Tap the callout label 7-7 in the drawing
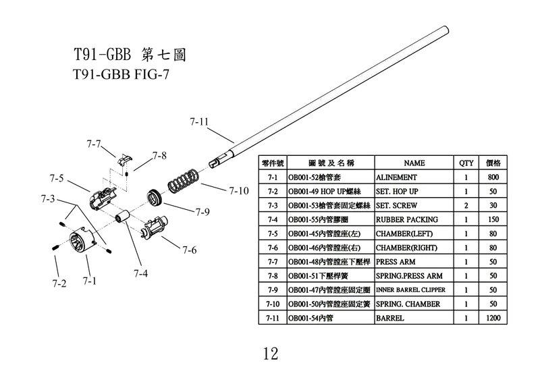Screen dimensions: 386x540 [x=94, y=144]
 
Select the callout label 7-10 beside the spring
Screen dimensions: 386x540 [x=239, y=191]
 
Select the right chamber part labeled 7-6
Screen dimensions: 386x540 [x=155, y=226]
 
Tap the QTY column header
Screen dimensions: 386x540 [x=466, y=163]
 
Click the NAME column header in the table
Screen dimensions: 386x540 [x=414, y=163]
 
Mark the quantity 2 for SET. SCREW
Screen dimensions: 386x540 [x=466, y=205]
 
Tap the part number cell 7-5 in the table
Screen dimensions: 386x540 [x=273, y=233]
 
